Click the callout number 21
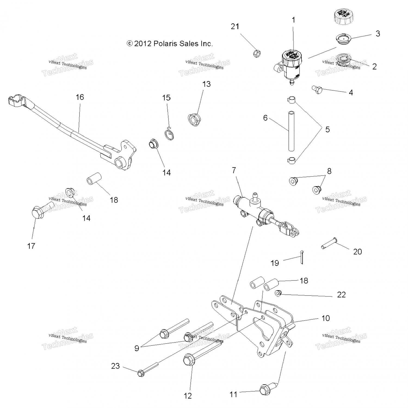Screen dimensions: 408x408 (x=235, y=26)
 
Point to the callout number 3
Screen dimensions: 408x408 (x=378, y=33)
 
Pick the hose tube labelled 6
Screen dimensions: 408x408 (x=291, y=131)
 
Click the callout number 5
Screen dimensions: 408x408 (x=327, y=129)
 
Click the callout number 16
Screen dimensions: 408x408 (x=80, y=97)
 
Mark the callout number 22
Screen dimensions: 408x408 (x=341, y=295)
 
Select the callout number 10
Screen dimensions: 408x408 (x=326, y=318)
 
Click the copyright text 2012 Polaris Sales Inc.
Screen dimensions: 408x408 (x=170, y=44)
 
